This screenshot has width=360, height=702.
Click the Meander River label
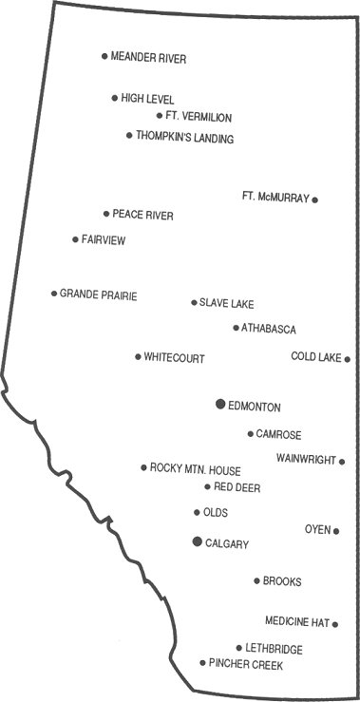click(x=148, y=58)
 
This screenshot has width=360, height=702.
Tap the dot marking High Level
click(x=115, y=98)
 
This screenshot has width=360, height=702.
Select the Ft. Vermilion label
click(x=199, y=117)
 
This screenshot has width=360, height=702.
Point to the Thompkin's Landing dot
click(x=129, y=136)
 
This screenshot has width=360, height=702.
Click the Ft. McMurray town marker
click(x=315, y=199)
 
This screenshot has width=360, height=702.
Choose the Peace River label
click(x=142, y=216)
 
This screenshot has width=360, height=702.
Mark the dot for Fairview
click(x=75, y=239)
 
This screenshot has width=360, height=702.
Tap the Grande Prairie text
click(x=99, y=295)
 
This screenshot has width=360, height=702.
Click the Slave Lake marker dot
click(x=194, y=303)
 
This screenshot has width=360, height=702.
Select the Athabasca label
click(x=269, y=329)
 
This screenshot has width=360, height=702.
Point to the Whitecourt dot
click(x=138, y=357)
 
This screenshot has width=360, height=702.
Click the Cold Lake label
click(x=315, y=357)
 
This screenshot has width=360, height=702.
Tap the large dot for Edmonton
click(x=220, y=405)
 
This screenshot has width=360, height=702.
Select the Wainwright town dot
click(x=342, y=462)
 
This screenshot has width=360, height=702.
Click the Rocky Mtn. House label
click(x=196, y=469)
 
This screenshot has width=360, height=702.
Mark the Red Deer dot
click(x=207, y=486)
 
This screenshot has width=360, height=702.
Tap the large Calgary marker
click(x=197, y=541)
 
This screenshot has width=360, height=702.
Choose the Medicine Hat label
click(x=296, y=623)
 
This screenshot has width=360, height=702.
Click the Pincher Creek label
click(x=246, y=664)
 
